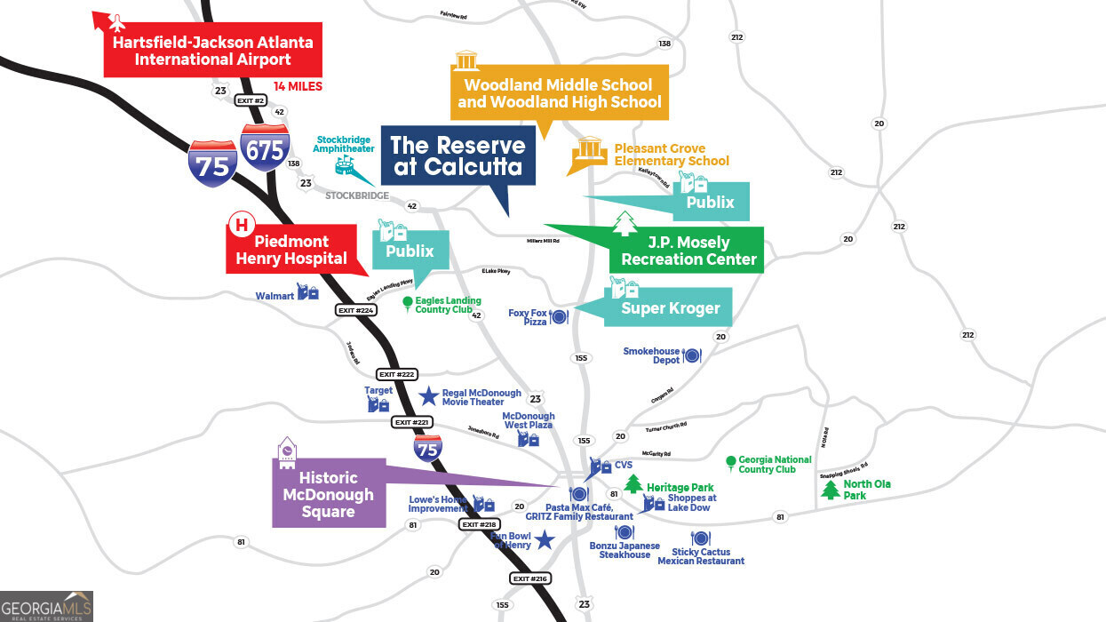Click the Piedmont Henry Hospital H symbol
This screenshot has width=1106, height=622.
point(240,224)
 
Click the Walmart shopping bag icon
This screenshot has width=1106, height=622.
point(308,291)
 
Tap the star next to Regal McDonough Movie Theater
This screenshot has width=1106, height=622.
point(428,395)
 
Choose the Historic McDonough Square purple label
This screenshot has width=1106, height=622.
point(329,494)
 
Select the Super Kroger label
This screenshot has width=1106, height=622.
point(670,308)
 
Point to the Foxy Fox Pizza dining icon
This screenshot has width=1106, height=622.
point(560,316)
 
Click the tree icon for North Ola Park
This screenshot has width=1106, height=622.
point(831,490)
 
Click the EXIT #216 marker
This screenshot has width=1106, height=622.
point(531,578)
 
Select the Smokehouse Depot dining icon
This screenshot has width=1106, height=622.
point(693,355)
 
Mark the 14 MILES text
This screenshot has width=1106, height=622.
point(298,86)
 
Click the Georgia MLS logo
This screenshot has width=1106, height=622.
point(46,605)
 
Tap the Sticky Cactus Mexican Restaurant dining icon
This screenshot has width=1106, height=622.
point(700,538)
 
